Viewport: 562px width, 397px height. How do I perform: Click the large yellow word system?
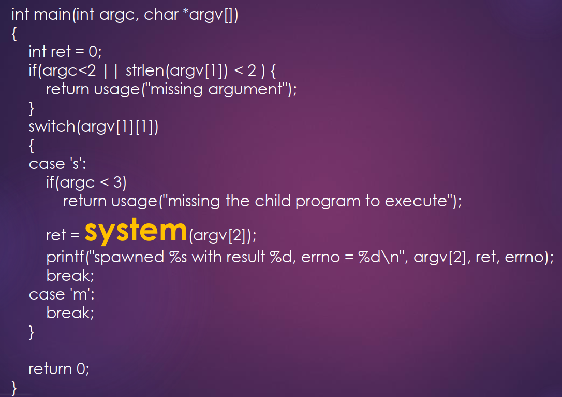point(135,231)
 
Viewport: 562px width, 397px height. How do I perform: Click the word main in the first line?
point(53,15)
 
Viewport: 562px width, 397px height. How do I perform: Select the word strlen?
point(144,70)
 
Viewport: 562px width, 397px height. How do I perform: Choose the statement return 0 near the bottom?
point(58,369)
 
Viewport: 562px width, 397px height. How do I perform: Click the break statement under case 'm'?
point(70,313)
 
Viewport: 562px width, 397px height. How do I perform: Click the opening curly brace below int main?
point(14,34)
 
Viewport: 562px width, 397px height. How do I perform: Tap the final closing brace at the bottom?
point(14,387)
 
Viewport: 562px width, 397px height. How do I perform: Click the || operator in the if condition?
point(111,70)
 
